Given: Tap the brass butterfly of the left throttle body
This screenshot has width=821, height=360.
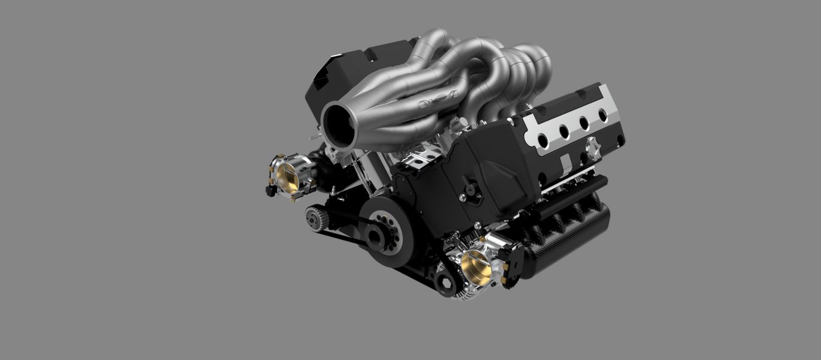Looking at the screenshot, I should (x=287, y=175).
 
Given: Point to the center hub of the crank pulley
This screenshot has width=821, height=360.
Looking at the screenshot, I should (x=377, y=236).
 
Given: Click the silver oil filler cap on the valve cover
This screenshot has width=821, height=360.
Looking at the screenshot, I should (x=593, y=148).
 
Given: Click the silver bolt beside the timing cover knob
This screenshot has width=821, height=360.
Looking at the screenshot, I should (x=462, y=197).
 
